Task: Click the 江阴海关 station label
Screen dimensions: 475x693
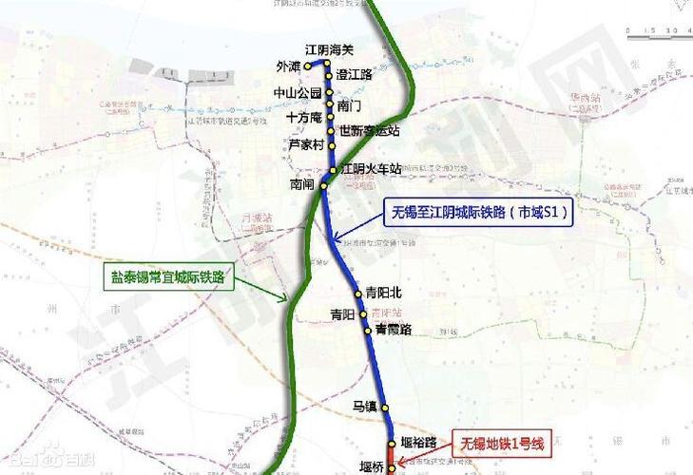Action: [329, 49]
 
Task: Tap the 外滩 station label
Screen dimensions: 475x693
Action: [287, 66]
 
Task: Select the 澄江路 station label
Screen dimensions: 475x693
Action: [354, 74]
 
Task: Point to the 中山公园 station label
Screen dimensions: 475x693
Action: [298, 93]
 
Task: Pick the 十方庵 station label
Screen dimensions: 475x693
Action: [304, 118]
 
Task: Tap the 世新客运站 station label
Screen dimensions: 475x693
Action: [370, 130]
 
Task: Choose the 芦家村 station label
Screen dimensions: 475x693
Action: [307, 144]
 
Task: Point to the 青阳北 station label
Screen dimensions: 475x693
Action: [384, 293]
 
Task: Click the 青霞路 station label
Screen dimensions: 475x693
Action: [394, 330]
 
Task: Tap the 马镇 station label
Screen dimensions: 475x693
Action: [365, 407]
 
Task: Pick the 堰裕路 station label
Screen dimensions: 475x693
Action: [418, 442]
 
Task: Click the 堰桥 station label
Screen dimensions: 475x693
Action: [373, 465]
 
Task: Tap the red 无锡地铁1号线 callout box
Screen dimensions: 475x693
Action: [503, 444]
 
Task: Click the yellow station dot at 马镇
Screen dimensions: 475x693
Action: [386, 408]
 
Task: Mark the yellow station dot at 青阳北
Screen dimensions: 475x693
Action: [358, 293]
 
